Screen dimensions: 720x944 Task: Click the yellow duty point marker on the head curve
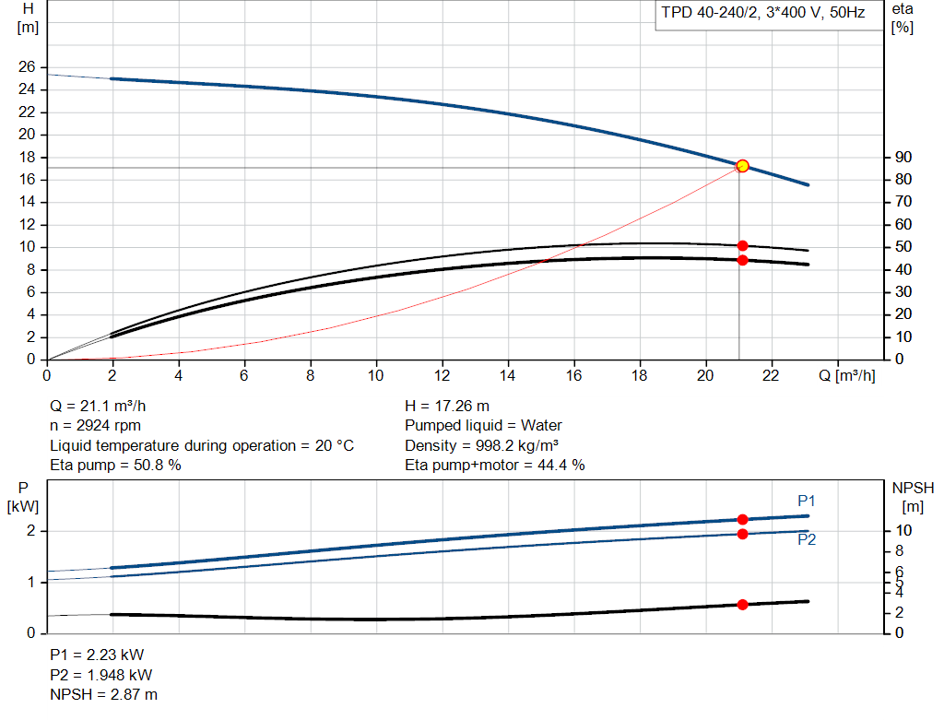742,166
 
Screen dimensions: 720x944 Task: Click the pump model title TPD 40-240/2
761,14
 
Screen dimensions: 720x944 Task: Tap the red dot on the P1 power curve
742,520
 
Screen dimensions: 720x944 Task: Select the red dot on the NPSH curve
742,605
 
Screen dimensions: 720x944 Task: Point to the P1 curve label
807,501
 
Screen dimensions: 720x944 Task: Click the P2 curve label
807,540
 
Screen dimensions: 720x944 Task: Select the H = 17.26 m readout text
447,406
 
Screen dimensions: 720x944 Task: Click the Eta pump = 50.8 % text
115,466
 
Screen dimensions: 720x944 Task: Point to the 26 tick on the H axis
26,67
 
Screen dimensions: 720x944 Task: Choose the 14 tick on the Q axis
508,375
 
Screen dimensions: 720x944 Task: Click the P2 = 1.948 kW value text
101,675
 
